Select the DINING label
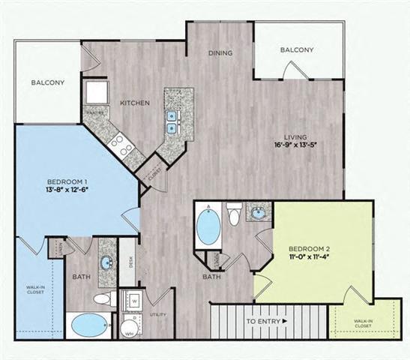tap(221, 53)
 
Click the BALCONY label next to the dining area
tap(296, 50)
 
